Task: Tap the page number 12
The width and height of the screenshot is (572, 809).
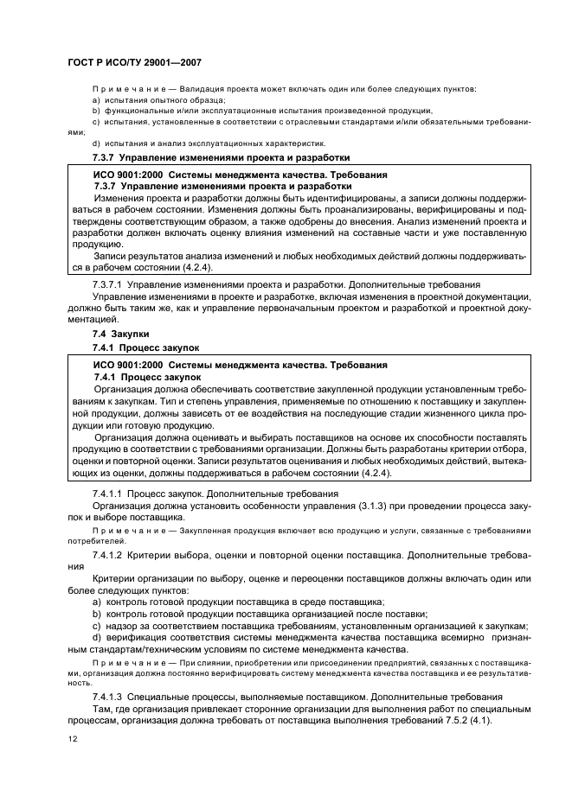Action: [72, 739]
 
